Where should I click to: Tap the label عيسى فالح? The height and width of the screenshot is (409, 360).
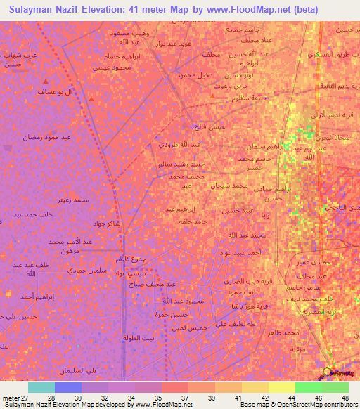(210, 126)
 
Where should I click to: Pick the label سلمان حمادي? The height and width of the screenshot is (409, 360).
(66, 270)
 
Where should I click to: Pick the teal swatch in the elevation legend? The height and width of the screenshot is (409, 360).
(41, 387)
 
